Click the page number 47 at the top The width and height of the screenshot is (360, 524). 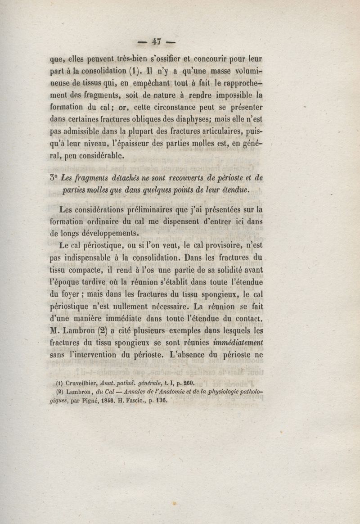tap(156, 42)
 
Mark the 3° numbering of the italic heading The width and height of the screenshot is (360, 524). tap(54, 178)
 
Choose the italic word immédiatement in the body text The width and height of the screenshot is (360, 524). tap(238, 343)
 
